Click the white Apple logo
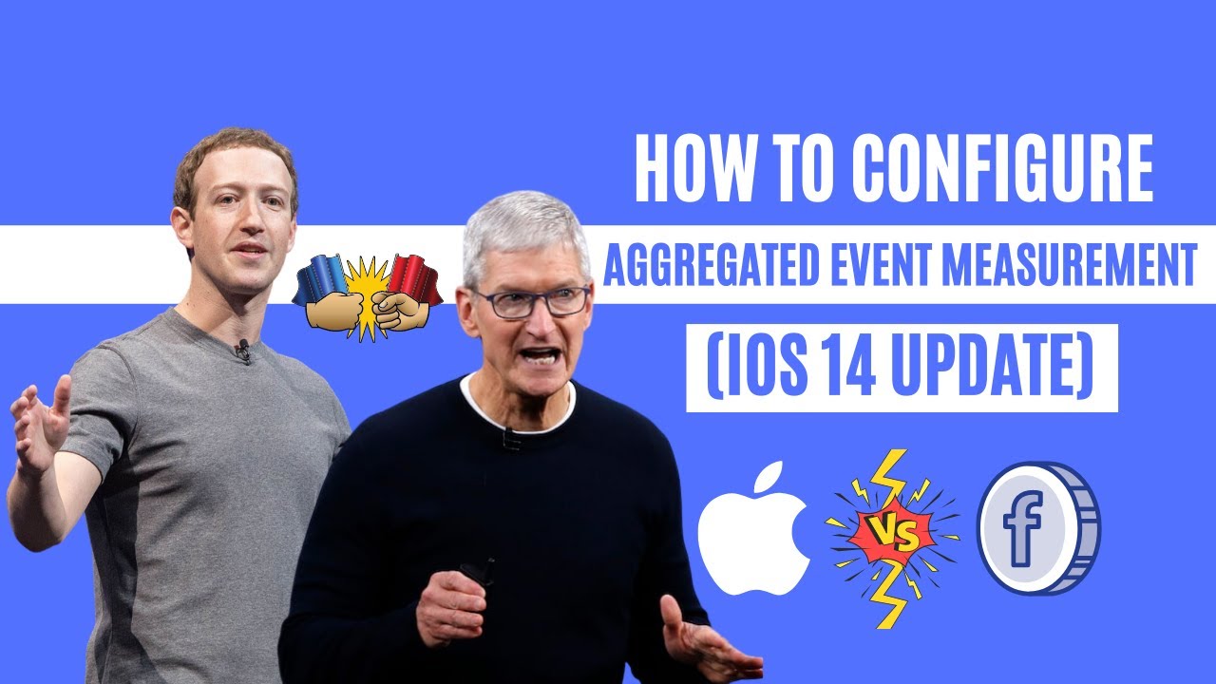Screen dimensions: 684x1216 (753, 528)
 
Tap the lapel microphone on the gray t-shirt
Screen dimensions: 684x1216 (243, 351)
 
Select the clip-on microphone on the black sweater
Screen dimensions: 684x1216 (510, 439)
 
